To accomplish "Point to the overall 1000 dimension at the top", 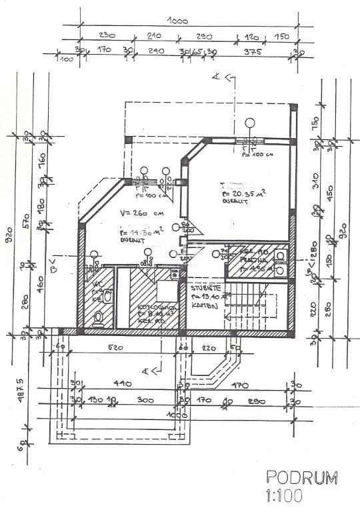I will (x=177, y=21).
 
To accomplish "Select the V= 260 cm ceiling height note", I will (x=137, y=214).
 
